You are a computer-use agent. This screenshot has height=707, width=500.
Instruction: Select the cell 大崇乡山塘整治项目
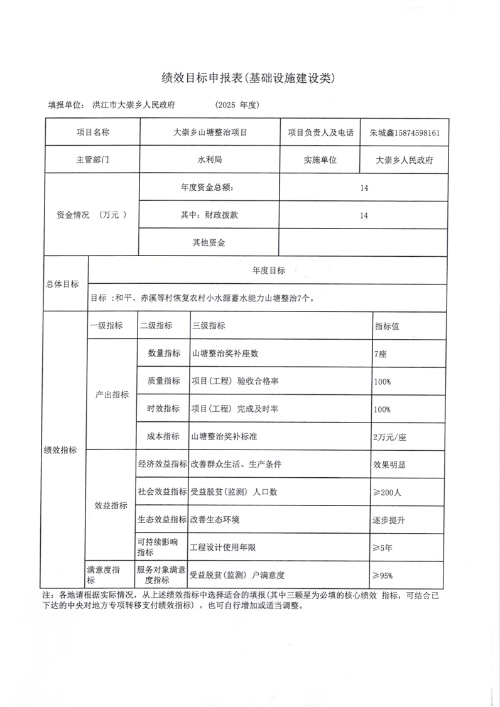click(x=209, y=133)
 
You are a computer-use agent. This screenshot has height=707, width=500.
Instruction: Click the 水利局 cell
click(x=209, y=160)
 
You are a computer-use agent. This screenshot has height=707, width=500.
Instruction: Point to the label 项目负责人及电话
click(x=320, y=133)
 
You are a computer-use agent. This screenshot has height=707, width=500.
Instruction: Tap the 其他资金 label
click(x=209, y=242)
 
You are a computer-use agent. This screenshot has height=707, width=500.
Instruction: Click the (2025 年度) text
click(x=237, y=105)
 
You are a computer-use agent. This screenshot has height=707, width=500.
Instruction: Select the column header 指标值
click(x=388, y=326)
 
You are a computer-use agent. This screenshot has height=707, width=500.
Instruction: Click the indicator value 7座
click(x=380, y=353)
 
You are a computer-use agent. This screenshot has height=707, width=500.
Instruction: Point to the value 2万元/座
click(x=392, y=436)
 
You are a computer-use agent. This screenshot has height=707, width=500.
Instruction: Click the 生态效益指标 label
click(x=162, y=520)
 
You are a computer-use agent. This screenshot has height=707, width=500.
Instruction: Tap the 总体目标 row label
click(x=63, y=284)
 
